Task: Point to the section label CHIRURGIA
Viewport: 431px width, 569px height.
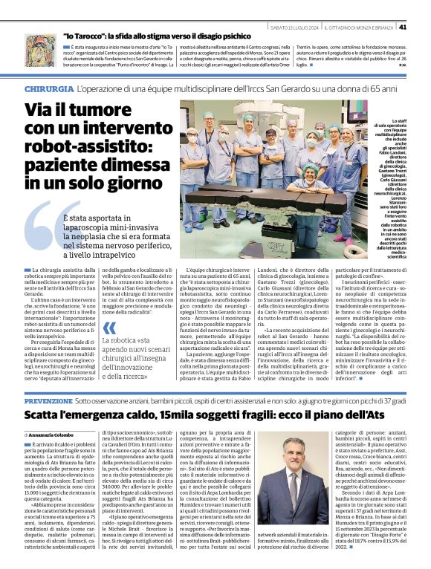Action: [x=49, y=88]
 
